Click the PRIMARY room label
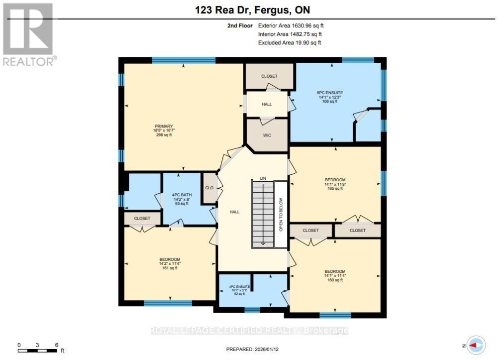[x=164, y=126]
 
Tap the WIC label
[x=267, y=134]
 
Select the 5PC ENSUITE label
[x=330, y=93]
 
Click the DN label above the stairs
[x=263, y=178]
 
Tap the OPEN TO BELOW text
[x=281, y=214]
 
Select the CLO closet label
[x=209, y=188]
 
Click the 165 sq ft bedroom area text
[x=335, y=188]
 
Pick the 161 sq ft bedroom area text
[x=169, y=268]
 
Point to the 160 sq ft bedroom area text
[x=335, y=280]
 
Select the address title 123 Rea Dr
[x=249, y=10]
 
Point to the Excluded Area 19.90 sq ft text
[x=290, y=43]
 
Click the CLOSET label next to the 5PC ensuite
[x=269, y=76]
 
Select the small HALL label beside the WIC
[x=267, y=104]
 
